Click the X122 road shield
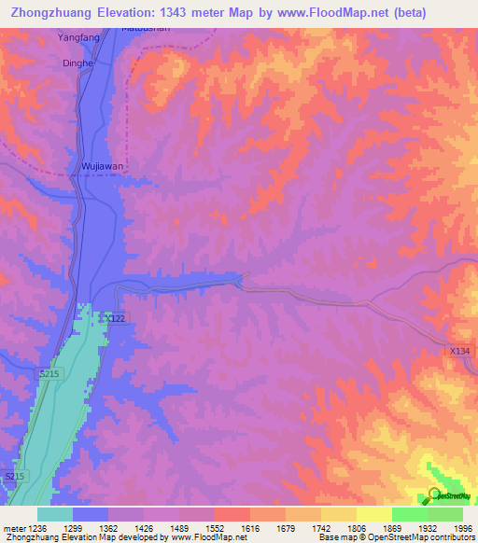tap(115, 318)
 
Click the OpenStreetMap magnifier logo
tap(434, 495)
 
